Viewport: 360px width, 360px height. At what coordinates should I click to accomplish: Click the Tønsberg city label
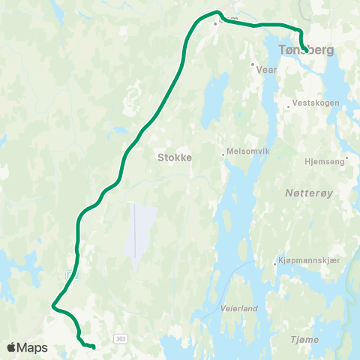coord(306,50)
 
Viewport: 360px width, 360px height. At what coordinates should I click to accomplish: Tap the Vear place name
coord(267,69)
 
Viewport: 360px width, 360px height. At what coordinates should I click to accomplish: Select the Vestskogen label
coord(316,103)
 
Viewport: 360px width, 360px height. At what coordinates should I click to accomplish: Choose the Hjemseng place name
coord(325,160)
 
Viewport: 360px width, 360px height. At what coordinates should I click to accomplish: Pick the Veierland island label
coord(239,308)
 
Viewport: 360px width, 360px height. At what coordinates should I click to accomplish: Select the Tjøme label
coord(304,340)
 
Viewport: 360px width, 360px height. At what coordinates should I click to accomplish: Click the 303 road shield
coord(121,340)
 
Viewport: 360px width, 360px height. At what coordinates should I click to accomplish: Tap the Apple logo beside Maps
coord(12,347)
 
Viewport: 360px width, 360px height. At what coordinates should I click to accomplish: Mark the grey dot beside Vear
coord(253,64)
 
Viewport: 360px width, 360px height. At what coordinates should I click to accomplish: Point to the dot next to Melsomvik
coord(223,155)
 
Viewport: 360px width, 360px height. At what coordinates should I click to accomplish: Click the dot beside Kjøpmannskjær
coord(275,262)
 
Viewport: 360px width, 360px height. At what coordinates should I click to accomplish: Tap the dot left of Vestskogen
coord(288,106)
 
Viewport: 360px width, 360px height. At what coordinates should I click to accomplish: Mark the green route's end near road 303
coord(94,347)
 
